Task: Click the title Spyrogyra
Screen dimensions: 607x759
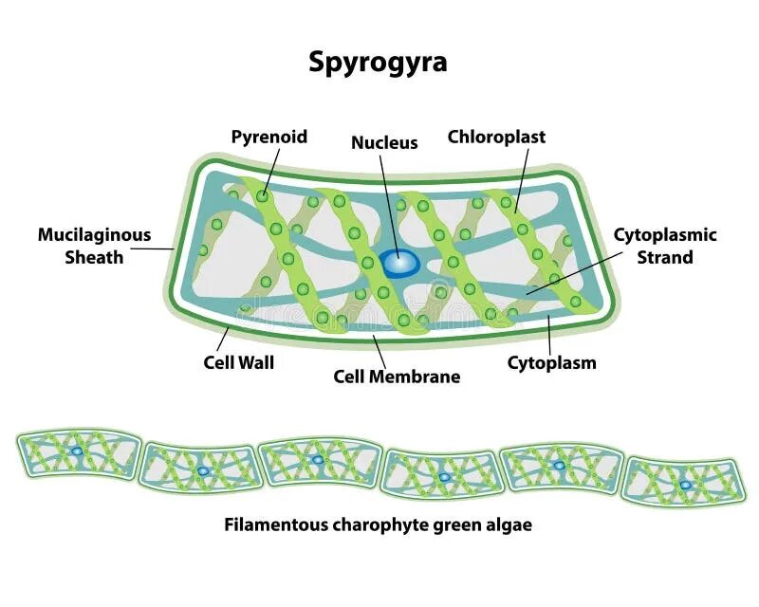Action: point(378,63)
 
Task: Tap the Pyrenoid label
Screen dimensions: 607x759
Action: point(269,137)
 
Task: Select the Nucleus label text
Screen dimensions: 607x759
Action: point(384,142)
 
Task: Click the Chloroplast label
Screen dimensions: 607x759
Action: point(496,137)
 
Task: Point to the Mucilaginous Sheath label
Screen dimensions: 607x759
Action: point(94,246)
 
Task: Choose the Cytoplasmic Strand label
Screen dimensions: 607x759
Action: point(665,246)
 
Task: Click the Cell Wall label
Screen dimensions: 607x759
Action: point(239,362)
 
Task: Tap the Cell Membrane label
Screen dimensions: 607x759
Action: point(397,377)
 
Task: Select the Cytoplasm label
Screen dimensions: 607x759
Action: point(551,362)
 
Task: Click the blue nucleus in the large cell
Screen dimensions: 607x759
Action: point(398,263)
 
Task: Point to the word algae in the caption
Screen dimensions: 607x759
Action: point(509,524)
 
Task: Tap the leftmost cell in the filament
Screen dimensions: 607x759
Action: point(78,454)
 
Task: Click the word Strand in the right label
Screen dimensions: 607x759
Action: point(665,257)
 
